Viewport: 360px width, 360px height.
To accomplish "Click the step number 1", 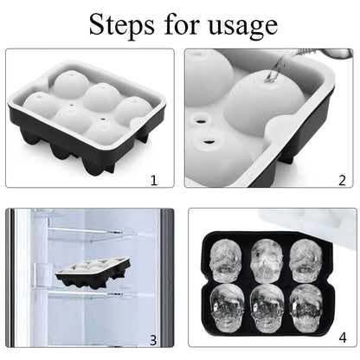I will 153,180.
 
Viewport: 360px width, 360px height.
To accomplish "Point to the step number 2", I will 341,180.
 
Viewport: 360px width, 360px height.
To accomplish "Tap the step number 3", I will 153,340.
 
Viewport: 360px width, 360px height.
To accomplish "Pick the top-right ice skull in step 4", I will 307,258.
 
